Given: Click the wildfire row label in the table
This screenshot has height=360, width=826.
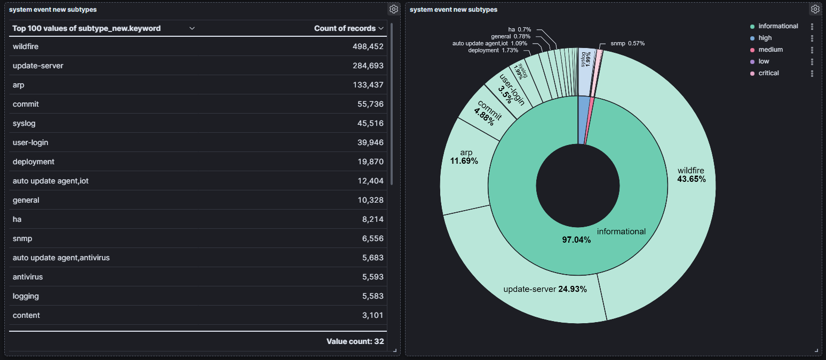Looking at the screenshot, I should click(26, 46).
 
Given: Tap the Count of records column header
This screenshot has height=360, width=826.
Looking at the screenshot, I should click(345, 28).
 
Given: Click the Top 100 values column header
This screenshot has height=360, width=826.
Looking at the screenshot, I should click(86, 28).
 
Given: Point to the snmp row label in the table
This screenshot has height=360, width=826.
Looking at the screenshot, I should click(22, 238).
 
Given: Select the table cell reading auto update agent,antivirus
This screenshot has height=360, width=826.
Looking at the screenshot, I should click(61, 258).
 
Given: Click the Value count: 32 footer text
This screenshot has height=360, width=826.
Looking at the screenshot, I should click(355, 341).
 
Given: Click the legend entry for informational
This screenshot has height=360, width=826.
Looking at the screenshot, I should click(778, 26).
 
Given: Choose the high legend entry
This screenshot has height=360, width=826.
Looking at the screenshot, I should click(765, 38).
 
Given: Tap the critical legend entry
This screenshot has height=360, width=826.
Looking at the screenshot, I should click(768, 73).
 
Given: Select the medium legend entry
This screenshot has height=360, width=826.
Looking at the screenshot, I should click(771, 50).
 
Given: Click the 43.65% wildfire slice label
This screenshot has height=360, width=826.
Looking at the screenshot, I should click(691, 175).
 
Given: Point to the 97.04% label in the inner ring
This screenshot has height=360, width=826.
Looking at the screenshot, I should click(576, 240).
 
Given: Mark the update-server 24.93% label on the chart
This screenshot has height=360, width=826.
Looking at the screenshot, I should click(545, 289).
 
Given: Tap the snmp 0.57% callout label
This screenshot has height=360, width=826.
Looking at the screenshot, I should click(627, 43).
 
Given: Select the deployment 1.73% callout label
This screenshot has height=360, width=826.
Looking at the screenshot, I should click(493, 50).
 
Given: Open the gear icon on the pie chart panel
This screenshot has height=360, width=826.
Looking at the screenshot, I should click(815, 9).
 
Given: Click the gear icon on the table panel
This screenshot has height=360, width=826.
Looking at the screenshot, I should click(393, 9).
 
